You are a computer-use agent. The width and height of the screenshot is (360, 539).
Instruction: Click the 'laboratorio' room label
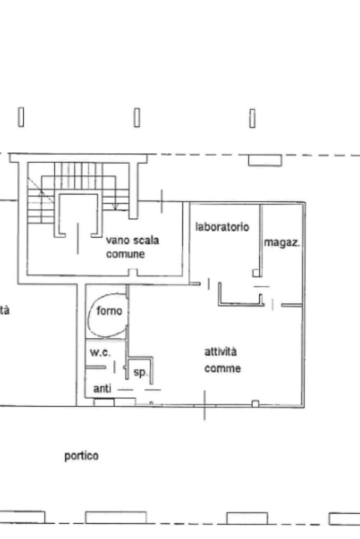(x=222, y=227)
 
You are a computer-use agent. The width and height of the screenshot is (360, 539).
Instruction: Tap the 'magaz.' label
(x=282, y=243)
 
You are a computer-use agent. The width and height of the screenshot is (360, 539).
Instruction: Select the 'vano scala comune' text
(x=132, y=247)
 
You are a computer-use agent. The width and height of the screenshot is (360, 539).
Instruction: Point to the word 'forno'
(x=110, y=311)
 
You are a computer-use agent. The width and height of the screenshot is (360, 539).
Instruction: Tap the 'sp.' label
(x=140, y=373)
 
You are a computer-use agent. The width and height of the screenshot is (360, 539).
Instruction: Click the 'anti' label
(x=102, y=389)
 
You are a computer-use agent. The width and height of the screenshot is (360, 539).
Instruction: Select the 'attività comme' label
(x=222, y=360)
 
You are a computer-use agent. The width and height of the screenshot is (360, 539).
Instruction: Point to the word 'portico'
(x=81, y=455)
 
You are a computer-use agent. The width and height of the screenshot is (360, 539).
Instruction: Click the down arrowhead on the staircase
(x=116, y=206)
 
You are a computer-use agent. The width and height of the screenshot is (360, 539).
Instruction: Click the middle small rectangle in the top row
(x=137, y=117)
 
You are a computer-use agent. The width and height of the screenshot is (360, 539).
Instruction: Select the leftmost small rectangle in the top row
(x=21, y=117)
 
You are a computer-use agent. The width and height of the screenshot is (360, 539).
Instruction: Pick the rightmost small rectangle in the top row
(x=252, y=118)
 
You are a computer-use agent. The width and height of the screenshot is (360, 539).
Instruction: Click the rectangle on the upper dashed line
(x=265, y=160)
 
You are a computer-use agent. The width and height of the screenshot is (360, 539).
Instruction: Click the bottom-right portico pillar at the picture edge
(x=344, y=519)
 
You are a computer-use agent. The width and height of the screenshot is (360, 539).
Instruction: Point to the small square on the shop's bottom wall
(x=255, y=404)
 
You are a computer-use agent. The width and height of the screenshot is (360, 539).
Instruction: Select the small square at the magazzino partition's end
(x=256, y=273)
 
